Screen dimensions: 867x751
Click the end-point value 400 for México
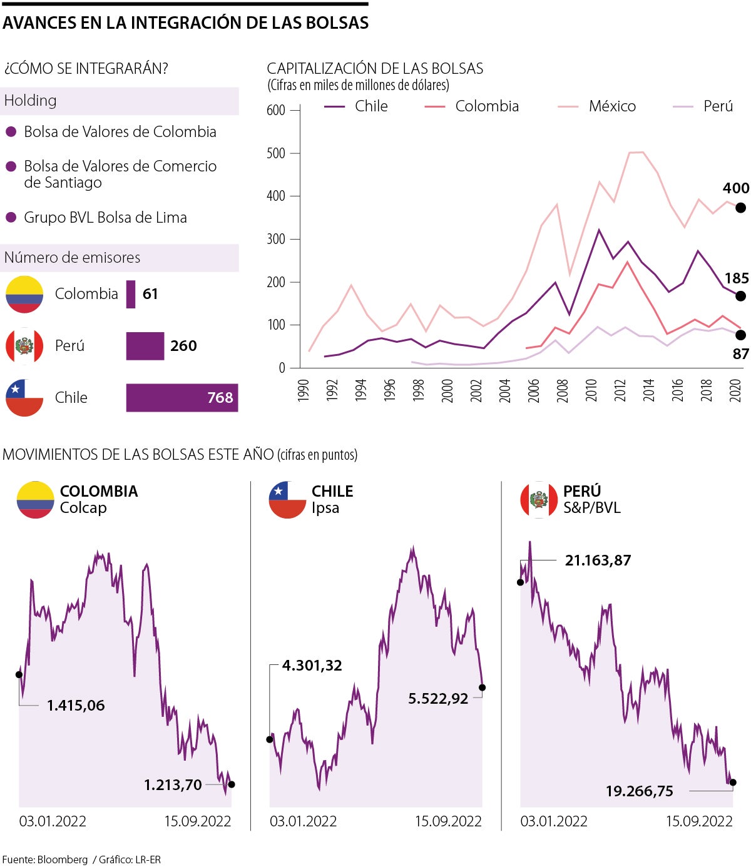[x=735, y=188]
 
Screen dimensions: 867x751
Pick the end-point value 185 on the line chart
[x=736, y=278]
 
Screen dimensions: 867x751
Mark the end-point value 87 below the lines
[x=740, y=354]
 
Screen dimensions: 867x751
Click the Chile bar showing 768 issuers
[x=181, y=398]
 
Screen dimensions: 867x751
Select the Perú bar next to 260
[x=145, y=346]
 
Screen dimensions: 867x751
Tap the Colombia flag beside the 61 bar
[x=24, y=294]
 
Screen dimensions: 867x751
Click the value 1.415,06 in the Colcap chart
[x=76, y=706]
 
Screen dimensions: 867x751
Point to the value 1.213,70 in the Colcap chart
[x=173, y=785]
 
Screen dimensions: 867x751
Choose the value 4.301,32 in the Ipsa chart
[x=312, y=666]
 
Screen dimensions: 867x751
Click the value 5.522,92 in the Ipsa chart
[x=438, y=699]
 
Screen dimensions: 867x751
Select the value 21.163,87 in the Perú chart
[x=598, y=560]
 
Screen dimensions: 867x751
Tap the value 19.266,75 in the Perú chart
[x=639, y=791]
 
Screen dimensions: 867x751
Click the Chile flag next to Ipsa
[x=287, y=500]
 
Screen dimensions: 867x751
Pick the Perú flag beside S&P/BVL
[x=539, y=500]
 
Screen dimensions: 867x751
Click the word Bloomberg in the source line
[x=63, y=859]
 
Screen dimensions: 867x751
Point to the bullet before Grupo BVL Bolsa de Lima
[x=11, y=218]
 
